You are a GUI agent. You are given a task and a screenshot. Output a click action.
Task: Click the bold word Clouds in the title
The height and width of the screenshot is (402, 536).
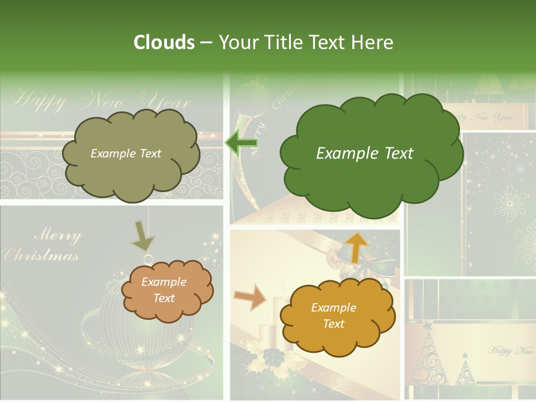(164, 42)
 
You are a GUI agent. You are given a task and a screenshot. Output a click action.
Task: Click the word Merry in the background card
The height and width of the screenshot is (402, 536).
(58, 235)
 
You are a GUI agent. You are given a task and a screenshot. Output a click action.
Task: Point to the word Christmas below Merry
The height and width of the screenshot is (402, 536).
(40, 256)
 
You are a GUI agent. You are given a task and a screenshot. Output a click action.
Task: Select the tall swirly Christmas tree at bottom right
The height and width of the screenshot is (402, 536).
(433, 357)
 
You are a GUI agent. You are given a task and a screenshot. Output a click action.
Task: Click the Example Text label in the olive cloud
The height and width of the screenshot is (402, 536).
(126, 154)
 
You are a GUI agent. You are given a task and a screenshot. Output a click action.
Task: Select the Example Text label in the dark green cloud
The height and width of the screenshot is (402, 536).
(365, 154)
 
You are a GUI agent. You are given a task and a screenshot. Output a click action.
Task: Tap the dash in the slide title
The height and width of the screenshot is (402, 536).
(206, 42)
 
